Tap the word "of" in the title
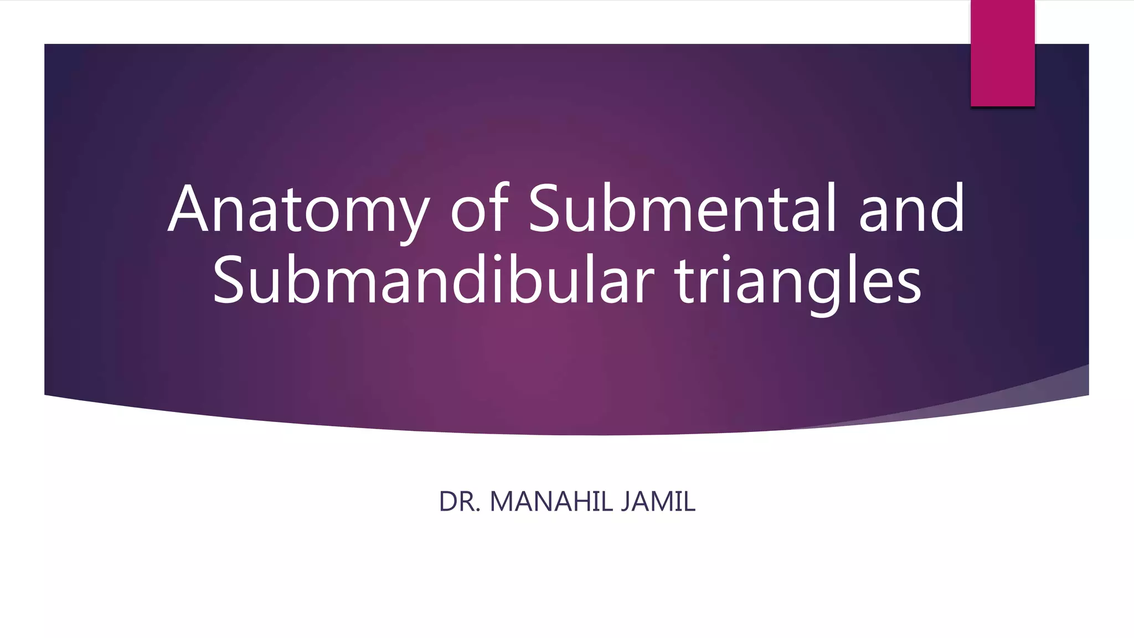pos(480,209)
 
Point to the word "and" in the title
pos(912,209)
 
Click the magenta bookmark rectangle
pos(1002,53)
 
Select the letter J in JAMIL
pos(625,502)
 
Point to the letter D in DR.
pos(447,502)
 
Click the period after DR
pos(478,511)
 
